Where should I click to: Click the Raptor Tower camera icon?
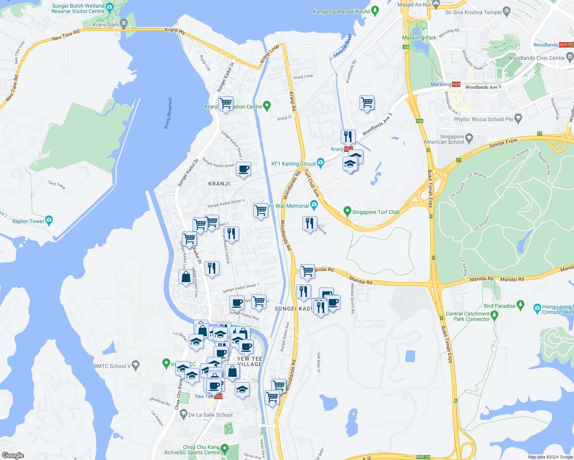pos(49,220)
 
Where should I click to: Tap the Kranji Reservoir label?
pos(168,113)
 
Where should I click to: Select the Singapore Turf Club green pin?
pos(347,211)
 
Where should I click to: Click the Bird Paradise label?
pos(500,306)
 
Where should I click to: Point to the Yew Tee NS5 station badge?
pos(218,396)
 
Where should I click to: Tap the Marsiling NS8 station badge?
pos(456,84)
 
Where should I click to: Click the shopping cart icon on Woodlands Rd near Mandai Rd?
pos(307,271)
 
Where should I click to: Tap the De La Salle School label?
pos(210,415)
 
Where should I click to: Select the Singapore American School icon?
pos(468,137)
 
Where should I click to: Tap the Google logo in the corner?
pos(13,455)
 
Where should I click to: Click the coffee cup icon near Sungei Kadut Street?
pos(243,169)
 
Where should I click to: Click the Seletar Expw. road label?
pos(503,143)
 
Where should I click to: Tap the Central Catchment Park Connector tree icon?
pos(494,315)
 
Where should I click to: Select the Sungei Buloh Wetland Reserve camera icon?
pos(109,7)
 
